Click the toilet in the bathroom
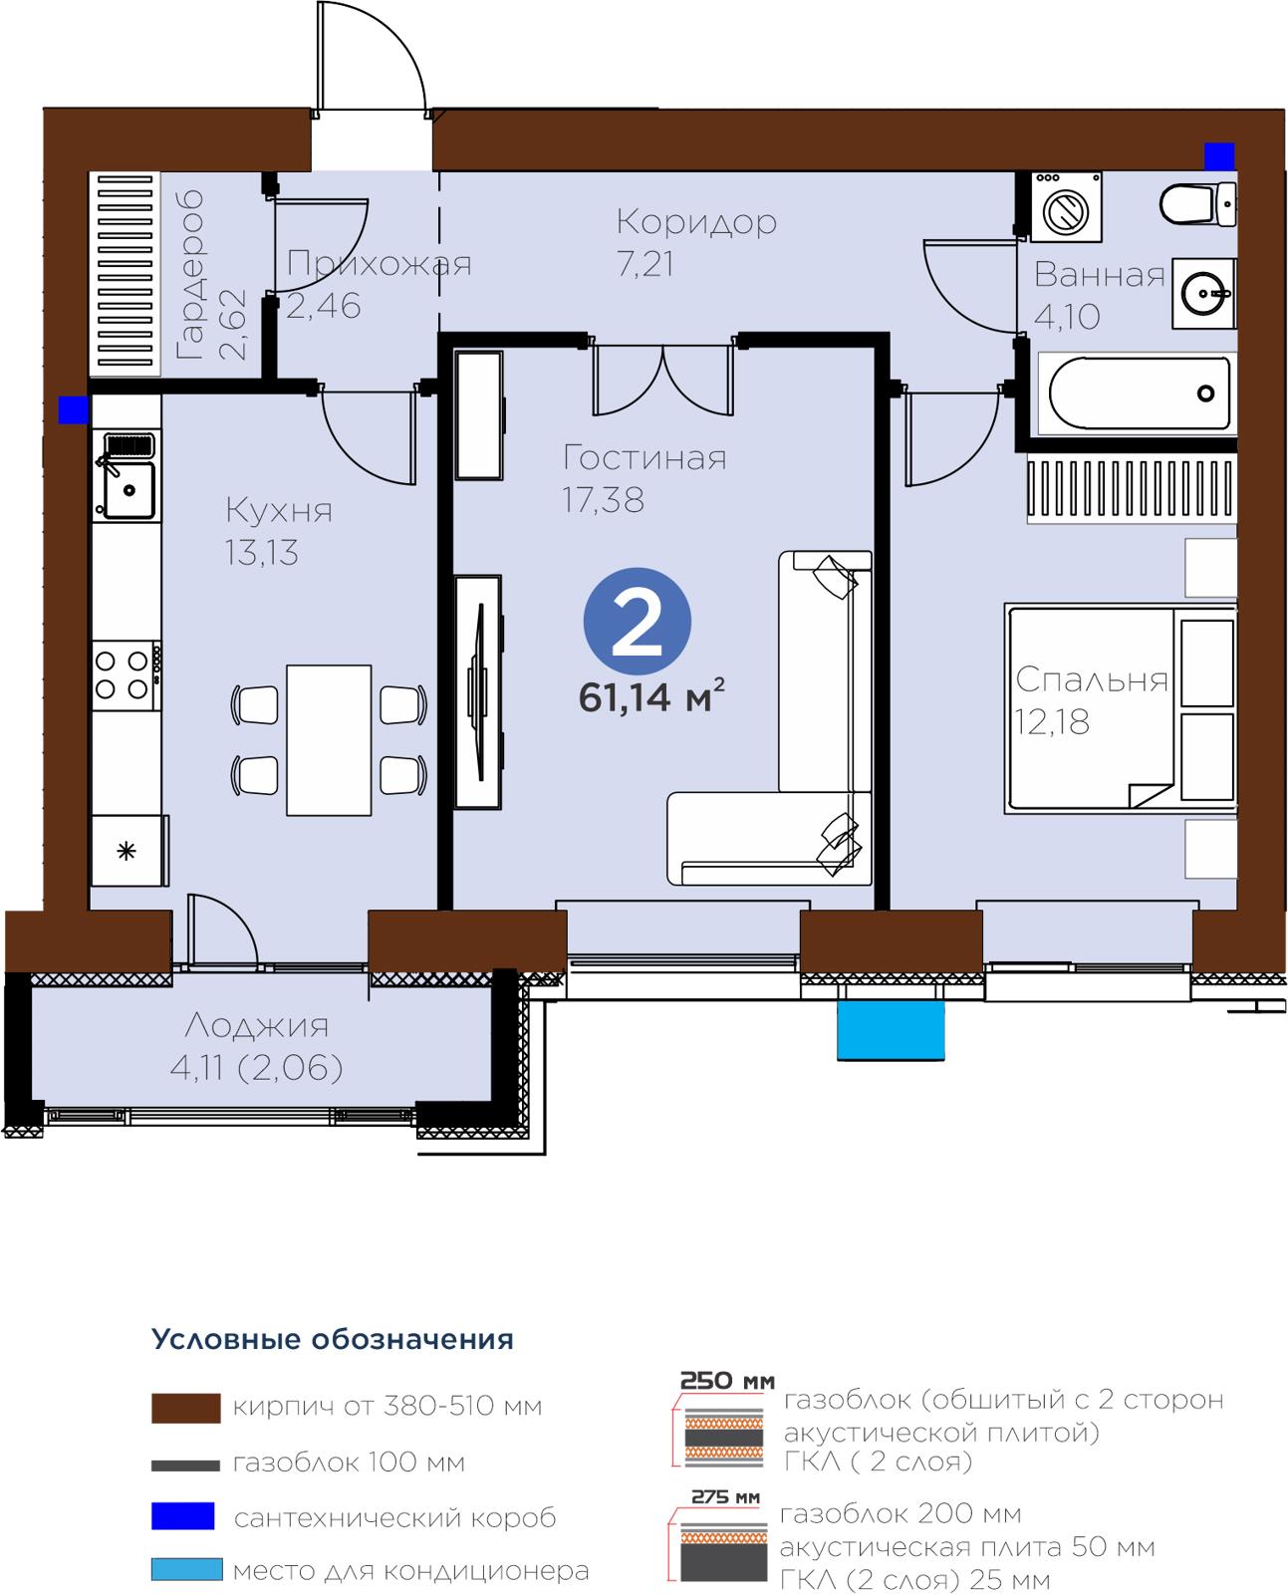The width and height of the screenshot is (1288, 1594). click(x=1197, y=203)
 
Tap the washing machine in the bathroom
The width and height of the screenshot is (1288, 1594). click(x=1065, y=206)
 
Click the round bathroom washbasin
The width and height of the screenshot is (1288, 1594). click(x=1203, y=293)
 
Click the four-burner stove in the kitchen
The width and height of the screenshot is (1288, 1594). click(x=125, y=675)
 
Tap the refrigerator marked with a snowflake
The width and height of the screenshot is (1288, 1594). click(x=129, y=850)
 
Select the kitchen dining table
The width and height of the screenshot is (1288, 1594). click(x=329, y=739)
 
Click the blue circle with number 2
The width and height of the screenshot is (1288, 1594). click(x=637, y=621)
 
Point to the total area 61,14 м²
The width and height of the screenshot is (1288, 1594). click(x=651, y=697)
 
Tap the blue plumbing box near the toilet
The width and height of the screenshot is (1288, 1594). click(x=1218, y=156)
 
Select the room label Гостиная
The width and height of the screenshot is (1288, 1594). click(x=644, y=458)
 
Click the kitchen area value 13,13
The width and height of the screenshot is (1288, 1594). click(x=261, y=553)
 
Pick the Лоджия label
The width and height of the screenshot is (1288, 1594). click(x=257, y=1026)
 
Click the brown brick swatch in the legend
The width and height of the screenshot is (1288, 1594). click(x=185, y=1408)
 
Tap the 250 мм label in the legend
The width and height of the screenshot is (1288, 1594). click(x=727, y=1381)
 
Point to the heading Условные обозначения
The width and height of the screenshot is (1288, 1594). click(x=333, y=1339)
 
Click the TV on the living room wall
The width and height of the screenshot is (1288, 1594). click(x=478, y=692)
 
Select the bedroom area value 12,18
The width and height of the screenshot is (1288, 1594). click(x=1052, y=722)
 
